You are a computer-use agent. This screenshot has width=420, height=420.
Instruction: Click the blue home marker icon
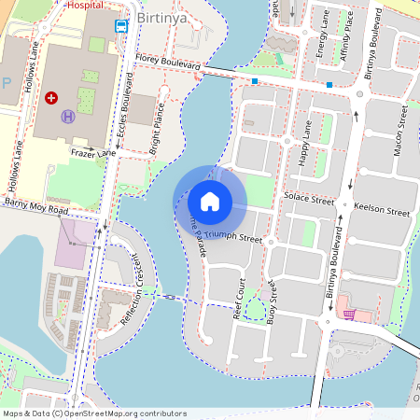tap(210, 202)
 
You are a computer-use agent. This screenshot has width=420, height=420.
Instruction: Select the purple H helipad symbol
tap(68, 116)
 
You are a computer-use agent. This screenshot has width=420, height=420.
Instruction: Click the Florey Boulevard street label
tap(167, 66)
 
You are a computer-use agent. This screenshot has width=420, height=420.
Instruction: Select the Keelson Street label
tap(385, 213)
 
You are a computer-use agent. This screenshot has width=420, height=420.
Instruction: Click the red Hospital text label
tap(87, 4)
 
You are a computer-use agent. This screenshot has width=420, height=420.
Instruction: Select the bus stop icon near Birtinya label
tap(121, 25)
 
